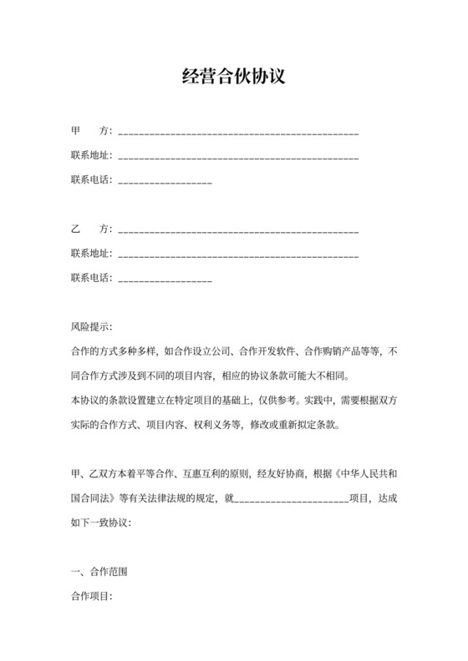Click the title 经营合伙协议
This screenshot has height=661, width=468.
(x=234, y=78)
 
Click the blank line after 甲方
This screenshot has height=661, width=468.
(x=239, y=133)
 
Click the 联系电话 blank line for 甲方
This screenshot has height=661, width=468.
(x=165, y=180)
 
